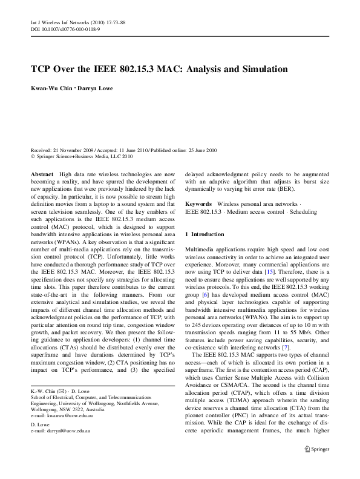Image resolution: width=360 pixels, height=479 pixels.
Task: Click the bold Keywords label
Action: pos(198,205)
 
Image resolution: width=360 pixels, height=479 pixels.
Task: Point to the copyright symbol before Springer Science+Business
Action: pos(33,156)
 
